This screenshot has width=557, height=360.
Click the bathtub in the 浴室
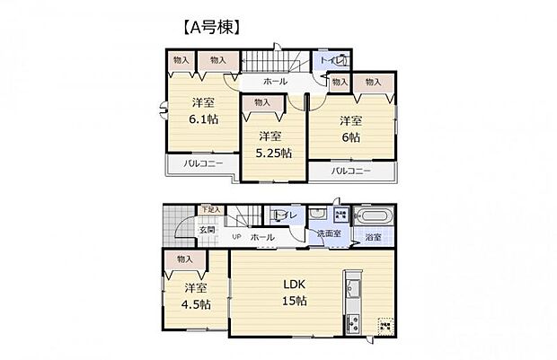point(370,218)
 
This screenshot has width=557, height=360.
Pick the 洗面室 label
point(328,234)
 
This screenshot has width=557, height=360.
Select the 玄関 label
point(208,230)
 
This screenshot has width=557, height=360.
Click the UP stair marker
point(236,237)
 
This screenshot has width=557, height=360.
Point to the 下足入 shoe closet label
point(208,210)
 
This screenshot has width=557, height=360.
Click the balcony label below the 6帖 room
point(350,171)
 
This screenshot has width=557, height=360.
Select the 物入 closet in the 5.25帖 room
point(261,103)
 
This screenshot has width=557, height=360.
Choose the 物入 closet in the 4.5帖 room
point(185,259)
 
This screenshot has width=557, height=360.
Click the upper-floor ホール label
point(275,82)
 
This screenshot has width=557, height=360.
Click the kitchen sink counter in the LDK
point(350,292)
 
